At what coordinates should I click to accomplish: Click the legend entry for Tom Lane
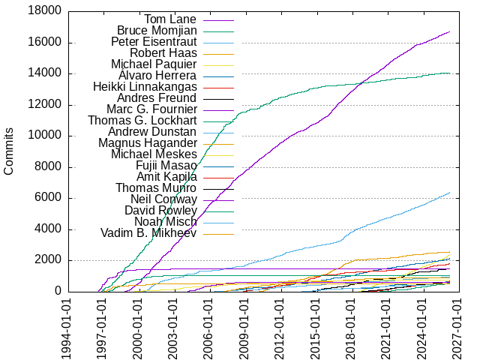point(170,19)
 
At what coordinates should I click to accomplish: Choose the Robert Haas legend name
point(163,53)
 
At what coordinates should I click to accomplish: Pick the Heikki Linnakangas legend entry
point(145,87)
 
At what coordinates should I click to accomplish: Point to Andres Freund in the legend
point(157,98)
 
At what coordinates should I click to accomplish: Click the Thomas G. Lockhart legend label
point(142,121)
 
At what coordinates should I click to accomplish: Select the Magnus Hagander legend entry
point(148,143)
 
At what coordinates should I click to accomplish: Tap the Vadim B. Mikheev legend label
point(148,233)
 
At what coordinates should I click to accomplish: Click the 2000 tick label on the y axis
point(44,260)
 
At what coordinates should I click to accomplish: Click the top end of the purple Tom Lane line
point(450,31)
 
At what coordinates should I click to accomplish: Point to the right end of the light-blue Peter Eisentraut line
point(450,193)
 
